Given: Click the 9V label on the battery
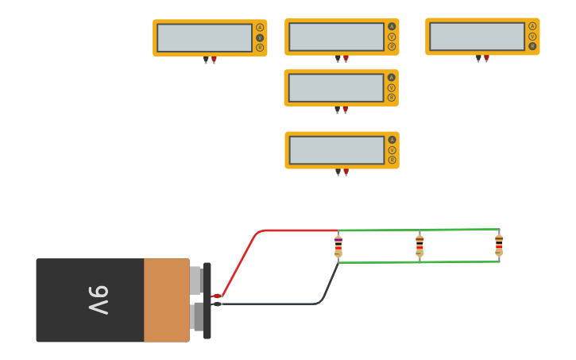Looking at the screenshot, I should (x=98, y=300).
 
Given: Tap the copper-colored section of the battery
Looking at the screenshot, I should (x=166, y=300).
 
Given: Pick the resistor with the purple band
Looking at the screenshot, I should (x=338, y=246).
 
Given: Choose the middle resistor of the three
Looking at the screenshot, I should (x=419, y=246).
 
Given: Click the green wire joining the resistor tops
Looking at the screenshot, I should (x=419, y=230).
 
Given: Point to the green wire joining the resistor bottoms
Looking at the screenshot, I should (x=419, y=261).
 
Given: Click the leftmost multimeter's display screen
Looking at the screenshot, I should (x=204, y=37).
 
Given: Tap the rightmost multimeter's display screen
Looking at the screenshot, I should (x=477, y=36).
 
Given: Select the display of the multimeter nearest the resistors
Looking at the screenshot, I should (x=337, y=150).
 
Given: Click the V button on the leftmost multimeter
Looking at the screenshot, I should (x=260, y=37).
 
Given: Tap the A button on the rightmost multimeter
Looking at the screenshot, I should (x=532, y=26).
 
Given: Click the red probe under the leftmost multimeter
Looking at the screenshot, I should (x=215, y=60).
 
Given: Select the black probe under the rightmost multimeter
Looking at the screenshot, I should (x=478, y=59).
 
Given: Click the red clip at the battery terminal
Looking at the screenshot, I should (x=216, y=296).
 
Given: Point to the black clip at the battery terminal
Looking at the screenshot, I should (x=216, y=304).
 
